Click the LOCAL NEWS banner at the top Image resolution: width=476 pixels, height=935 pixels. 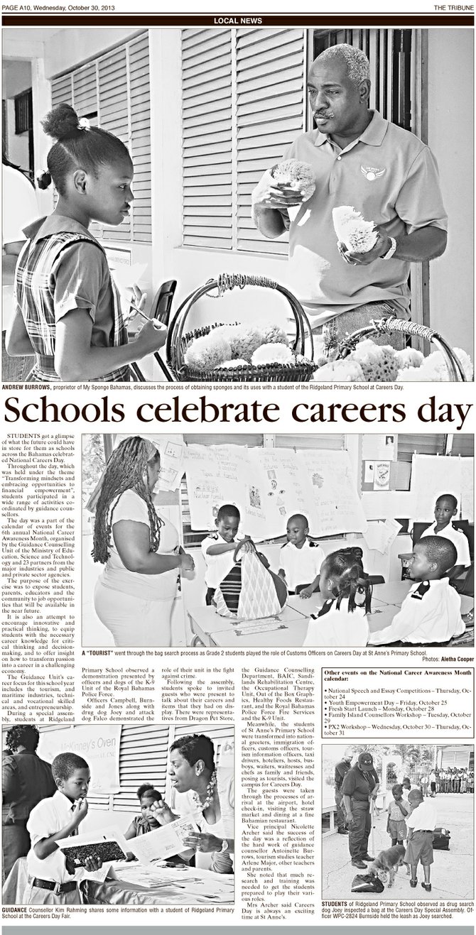click(237, 20)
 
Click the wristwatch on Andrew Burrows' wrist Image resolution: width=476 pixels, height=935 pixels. click(390, 247)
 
